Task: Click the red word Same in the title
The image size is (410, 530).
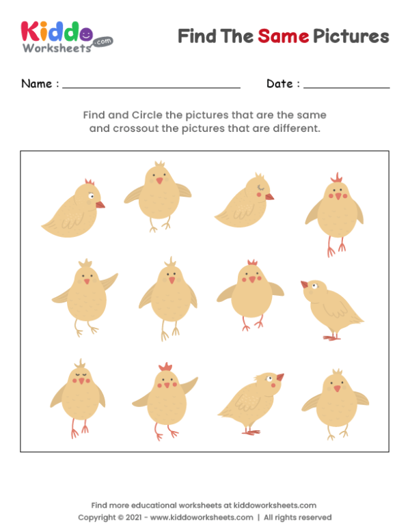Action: [283, 36]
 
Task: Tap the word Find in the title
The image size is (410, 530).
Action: [197, 36]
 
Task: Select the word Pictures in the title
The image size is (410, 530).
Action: [351, 36]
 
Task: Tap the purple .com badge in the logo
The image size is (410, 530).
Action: [102, 41]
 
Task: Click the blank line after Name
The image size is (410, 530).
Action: [151, 87]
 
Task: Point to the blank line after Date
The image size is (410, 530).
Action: [346, 87]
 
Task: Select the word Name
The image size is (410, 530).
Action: [36, 84]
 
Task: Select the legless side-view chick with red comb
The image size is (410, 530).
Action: [73, 206]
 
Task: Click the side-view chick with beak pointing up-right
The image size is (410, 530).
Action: [251, 403]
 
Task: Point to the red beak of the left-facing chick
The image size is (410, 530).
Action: [304, 284]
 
